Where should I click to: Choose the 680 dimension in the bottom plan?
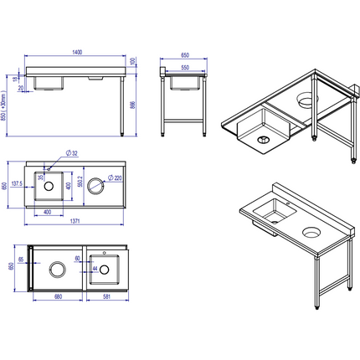[x=56, y=295]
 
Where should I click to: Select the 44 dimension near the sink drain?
[x=95, y=270]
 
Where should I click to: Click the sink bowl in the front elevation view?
[x=50, y=82]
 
